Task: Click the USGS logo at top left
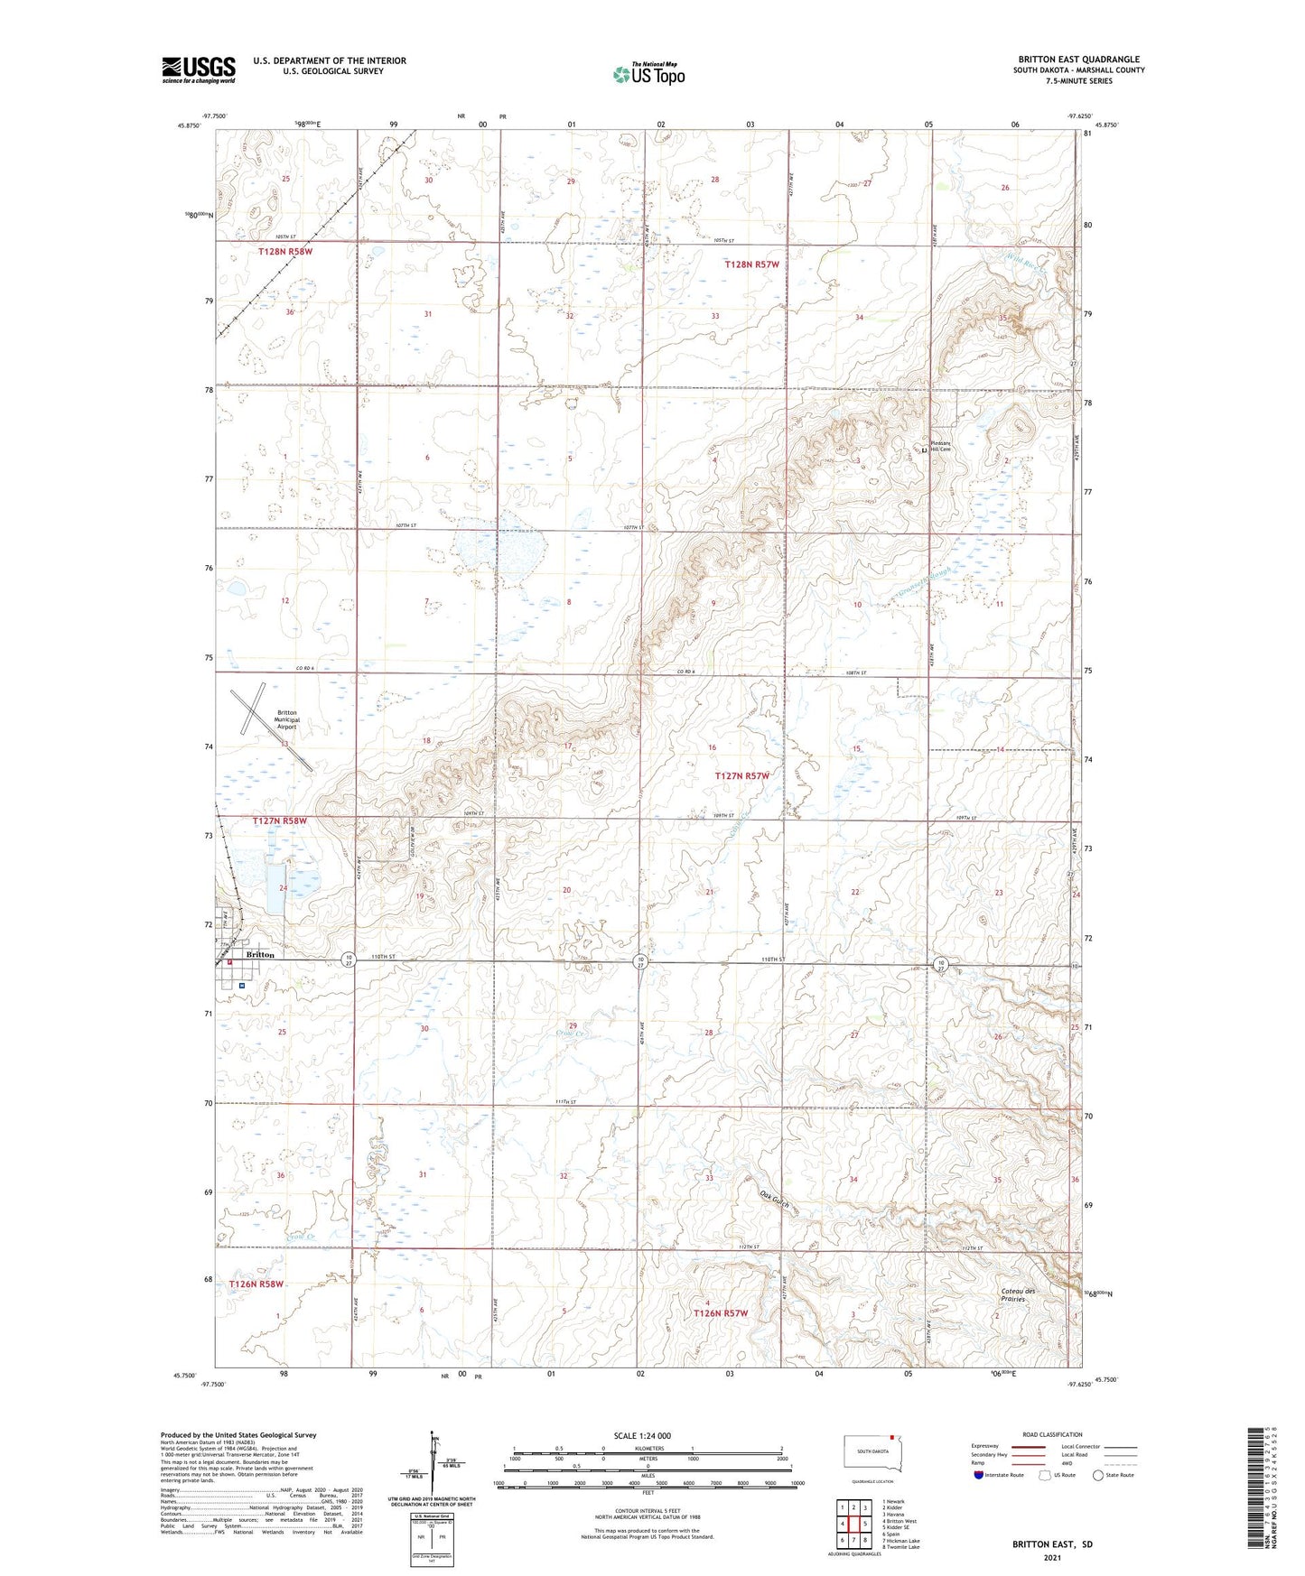[198, 69]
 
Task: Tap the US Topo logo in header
[648, 74]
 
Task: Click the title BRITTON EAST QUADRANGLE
[1078, 60]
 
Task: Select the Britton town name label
[260, 954]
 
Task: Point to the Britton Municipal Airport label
[286, 718]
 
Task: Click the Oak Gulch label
[775, 1205]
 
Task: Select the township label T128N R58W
[284, 252]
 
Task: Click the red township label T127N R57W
[741, 776]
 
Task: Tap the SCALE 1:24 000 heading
[642, 1435]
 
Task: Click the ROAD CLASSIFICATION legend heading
[1052, 1434]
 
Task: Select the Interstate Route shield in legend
[980, 1475]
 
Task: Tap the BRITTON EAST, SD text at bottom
[1052, 1544]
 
